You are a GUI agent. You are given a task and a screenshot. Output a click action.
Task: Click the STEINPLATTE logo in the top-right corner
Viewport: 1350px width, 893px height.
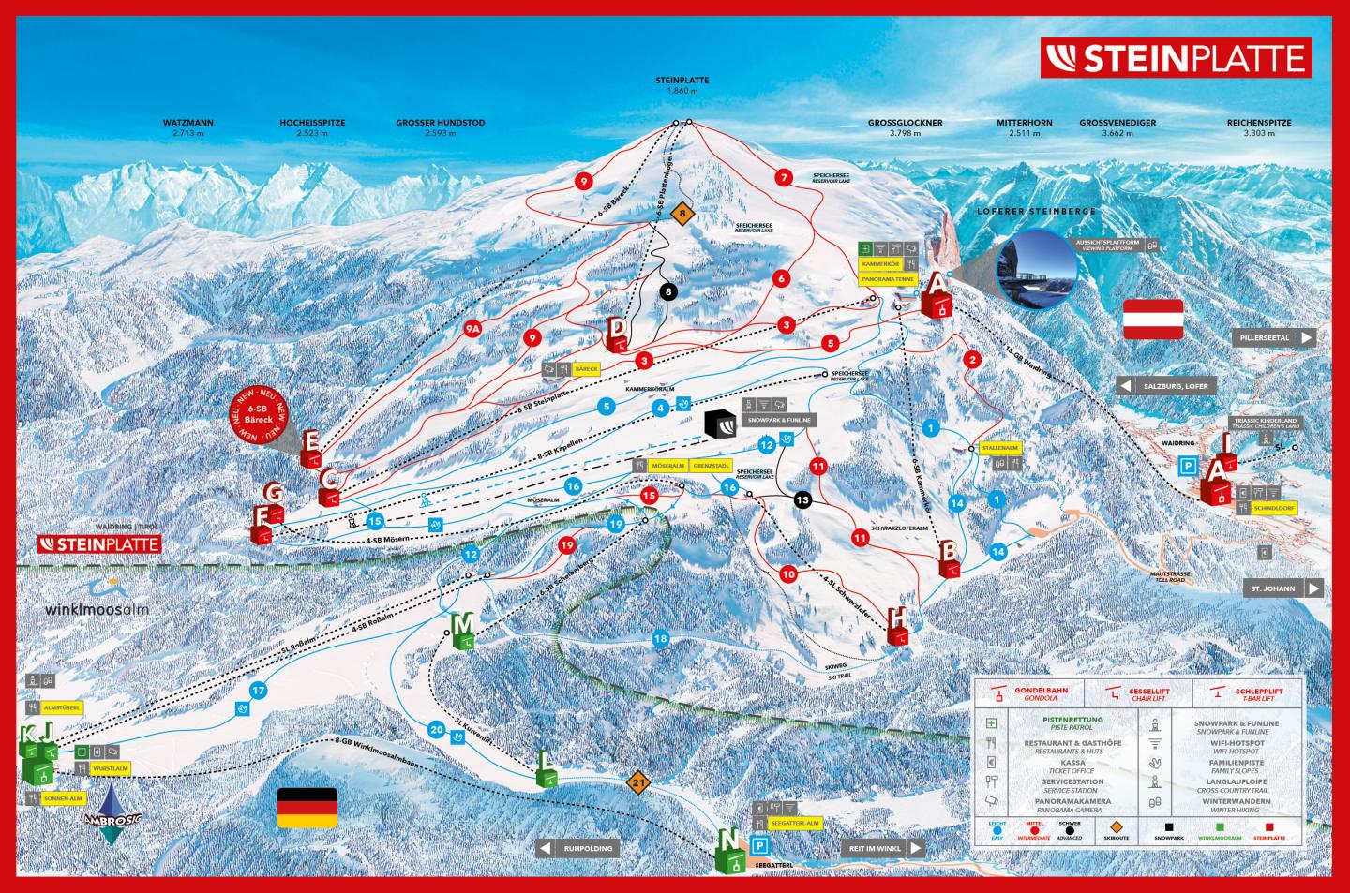click(1177, 58)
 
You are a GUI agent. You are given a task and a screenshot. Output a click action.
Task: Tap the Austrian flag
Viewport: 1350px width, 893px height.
click(1153, 319)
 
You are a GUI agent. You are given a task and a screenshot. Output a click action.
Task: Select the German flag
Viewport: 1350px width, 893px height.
click(307, 807)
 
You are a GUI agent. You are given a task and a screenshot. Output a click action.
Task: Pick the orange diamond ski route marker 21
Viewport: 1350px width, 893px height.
click(640, 781)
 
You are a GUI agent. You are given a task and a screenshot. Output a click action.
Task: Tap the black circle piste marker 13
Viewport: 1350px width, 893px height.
click(802, 500)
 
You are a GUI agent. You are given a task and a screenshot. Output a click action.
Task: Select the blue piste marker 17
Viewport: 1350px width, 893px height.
click(259, 692)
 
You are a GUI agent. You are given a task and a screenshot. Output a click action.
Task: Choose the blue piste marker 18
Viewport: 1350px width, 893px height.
click(661, 639)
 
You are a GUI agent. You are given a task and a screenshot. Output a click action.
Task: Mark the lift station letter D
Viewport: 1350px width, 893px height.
click(619, 332)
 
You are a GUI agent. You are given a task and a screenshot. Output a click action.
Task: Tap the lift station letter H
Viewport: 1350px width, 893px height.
click(898, 623)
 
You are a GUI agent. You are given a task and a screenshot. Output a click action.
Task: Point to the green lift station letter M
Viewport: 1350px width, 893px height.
click(463, 629)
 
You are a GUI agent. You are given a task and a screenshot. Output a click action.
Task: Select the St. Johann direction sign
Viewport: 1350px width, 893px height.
click(1283, 588)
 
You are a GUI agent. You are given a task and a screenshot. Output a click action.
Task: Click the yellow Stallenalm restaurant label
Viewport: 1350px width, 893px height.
click(998, 449)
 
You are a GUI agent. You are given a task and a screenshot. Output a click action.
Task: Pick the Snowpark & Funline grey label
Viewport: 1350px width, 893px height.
click(778, 420)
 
